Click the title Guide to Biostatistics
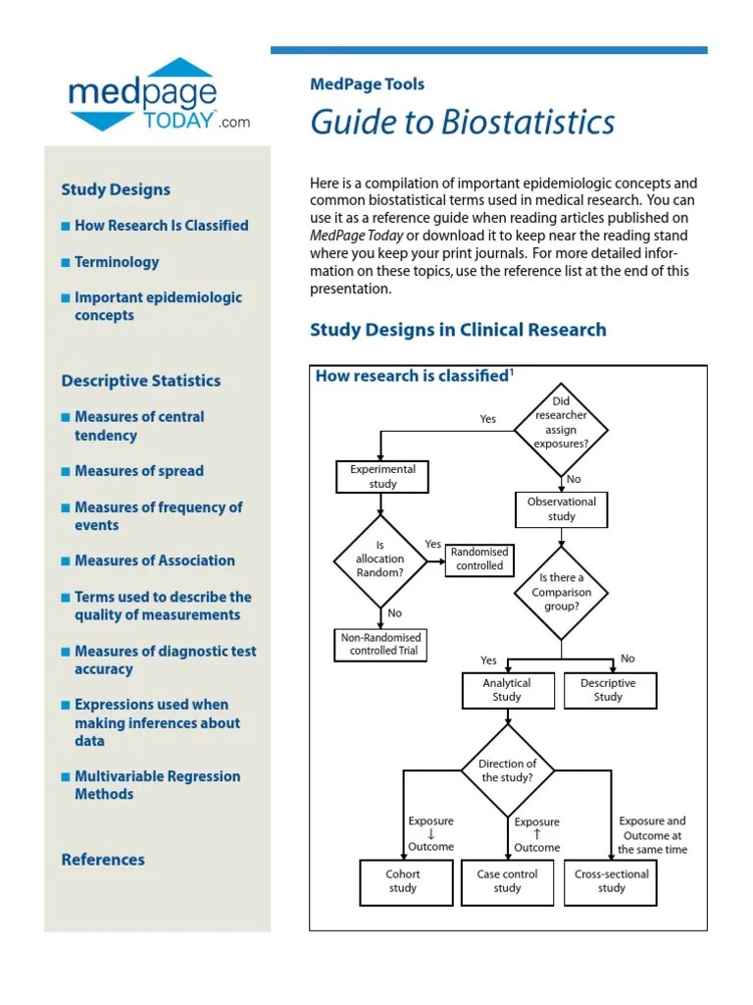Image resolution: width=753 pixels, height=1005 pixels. click(463, 122)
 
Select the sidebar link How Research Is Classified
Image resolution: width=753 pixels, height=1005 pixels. click(161, 225)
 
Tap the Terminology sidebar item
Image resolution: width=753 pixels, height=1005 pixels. click(116, 262)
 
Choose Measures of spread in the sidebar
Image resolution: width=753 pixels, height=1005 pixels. click(138, 471)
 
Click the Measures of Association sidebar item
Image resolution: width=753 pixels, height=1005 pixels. click(154, 560)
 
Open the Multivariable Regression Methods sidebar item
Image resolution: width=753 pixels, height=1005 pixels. click(157, 785)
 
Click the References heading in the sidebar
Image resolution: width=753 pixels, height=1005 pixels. click(103, 860)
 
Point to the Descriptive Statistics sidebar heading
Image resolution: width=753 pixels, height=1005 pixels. click(140, 381)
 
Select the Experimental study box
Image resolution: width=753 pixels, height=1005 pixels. click(383, 477)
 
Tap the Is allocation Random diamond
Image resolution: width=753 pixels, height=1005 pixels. click(380, 559)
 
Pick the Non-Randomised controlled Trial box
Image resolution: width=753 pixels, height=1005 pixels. click(380, 644)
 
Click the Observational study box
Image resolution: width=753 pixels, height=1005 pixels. click(562, 509)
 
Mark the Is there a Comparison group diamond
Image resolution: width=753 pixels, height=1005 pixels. click(561, 593)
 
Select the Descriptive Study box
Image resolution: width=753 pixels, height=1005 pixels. click(608, 690)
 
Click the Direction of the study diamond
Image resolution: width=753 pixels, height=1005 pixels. click(508, 770)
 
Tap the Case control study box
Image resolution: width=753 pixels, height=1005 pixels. click(507, 881)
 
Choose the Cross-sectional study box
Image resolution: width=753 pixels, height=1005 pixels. click(612, 881)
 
